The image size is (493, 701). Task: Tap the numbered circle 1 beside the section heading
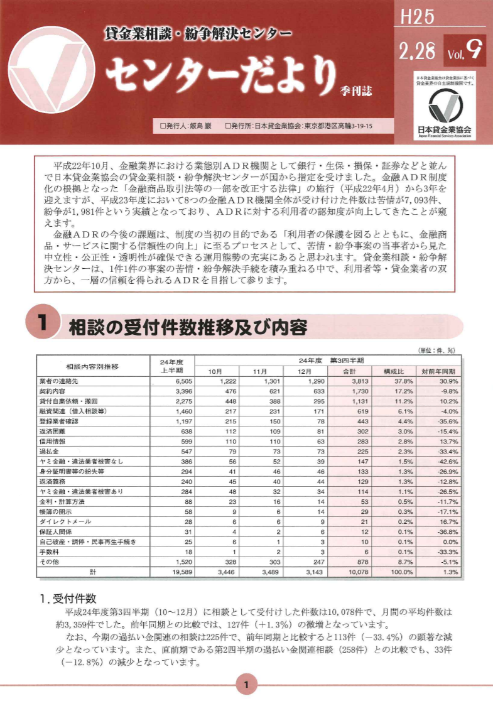pos(43,325)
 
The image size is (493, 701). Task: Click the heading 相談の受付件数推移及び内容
pos(187,327)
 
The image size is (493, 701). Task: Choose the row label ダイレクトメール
pos(65,522)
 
